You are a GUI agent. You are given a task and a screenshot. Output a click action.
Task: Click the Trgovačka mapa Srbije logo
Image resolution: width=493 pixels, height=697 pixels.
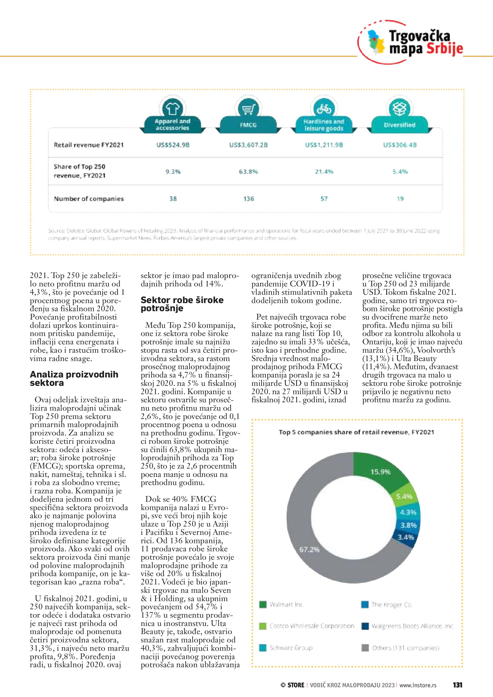[x=411, y=42]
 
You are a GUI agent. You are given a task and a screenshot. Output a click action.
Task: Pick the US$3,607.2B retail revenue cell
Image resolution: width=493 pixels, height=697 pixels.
[x=248, y=145]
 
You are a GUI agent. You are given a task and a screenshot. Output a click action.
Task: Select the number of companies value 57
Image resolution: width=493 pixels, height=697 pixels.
[x=324, y=199]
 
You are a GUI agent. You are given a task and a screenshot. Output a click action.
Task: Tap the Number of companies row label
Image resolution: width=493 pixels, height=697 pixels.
[x=89, y=199]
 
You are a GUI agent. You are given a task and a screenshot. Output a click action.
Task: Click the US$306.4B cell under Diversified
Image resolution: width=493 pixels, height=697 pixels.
[x=400, y=145]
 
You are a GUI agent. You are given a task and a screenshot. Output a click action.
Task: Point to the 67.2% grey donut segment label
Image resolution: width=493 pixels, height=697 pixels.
[x=309, y=549]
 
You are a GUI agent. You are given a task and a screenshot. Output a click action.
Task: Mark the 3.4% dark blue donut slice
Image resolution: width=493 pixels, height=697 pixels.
[x=406, y=537]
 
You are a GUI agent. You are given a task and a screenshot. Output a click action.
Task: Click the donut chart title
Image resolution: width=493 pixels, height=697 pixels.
[x=356, y=432]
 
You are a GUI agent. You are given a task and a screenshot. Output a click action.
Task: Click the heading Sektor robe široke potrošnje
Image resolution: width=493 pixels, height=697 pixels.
[x=182, y=304]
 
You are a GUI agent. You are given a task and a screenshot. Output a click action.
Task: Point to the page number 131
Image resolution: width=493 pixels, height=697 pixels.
[x=457, y=685]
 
